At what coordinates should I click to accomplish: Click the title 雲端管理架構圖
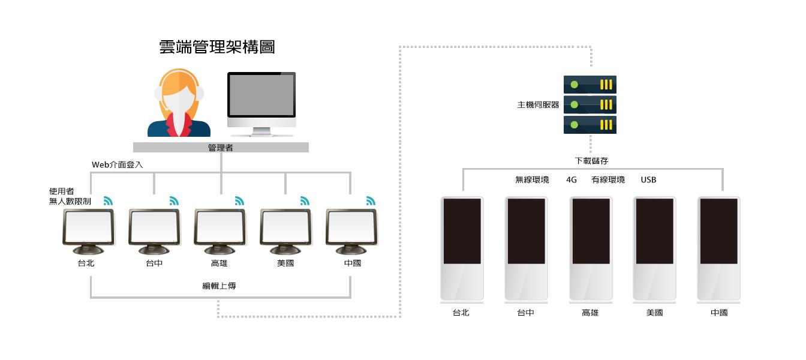[217, 47]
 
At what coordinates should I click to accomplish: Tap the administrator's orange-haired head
[179, 91]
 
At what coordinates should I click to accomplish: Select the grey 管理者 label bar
[221, 148]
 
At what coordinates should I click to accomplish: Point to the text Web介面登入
[117, 164]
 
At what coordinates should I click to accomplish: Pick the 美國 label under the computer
[286, 263]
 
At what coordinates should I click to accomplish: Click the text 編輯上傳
[219, 286]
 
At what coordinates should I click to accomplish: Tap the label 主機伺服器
[538, 105]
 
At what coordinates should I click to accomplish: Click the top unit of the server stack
[590, 85]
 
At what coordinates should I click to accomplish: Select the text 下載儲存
[591, 161]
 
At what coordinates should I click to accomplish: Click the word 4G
[572, 180]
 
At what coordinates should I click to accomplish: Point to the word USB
[648, 180]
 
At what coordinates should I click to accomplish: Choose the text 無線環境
[532, 180]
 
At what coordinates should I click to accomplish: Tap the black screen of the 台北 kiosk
[462, 231]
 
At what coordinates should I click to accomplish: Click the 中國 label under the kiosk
[719, 313]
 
